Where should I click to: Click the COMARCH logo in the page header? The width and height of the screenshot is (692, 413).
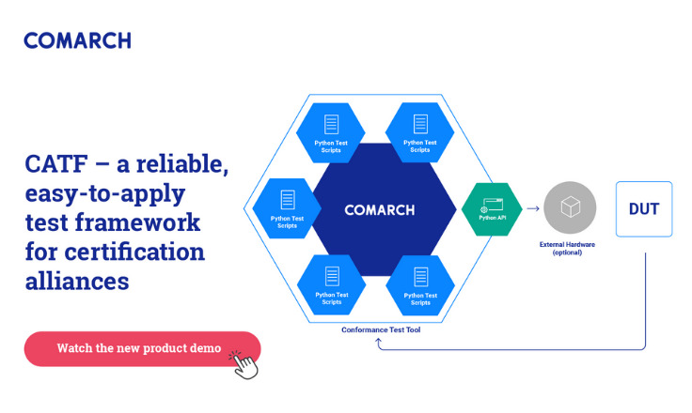pos(77,40)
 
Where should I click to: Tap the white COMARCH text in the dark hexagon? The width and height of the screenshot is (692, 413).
pos(379,209)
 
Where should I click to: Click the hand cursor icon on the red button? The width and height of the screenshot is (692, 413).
pos(244,362)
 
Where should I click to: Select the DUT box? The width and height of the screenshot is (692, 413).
pos(644,208)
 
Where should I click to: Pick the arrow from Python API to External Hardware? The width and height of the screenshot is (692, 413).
pos(532,209)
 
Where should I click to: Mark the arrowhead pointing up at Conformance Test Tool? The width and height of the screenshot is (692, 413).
pos(379,342)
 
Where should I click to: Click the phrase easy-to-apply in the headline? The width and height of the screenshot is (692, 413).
pos(104,194)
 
